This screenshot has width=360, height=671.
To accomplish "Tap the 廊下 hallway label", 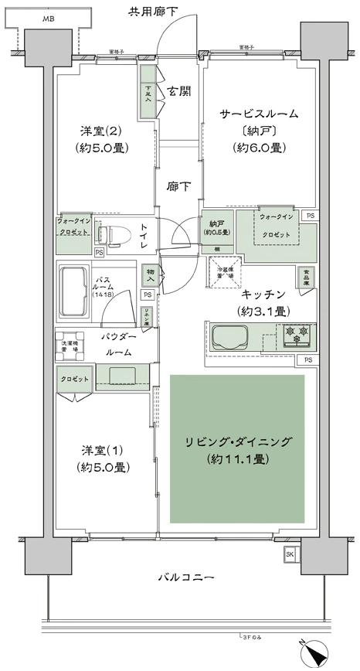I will pos(178,186).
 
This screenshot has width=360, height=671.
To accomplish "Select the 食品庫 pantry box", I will pos(305,275).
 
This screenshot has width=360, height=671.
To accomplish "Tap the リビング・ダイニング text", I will pos(237,441).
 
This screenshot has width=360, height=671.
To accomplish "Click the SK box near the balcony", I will pos(290,555).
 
